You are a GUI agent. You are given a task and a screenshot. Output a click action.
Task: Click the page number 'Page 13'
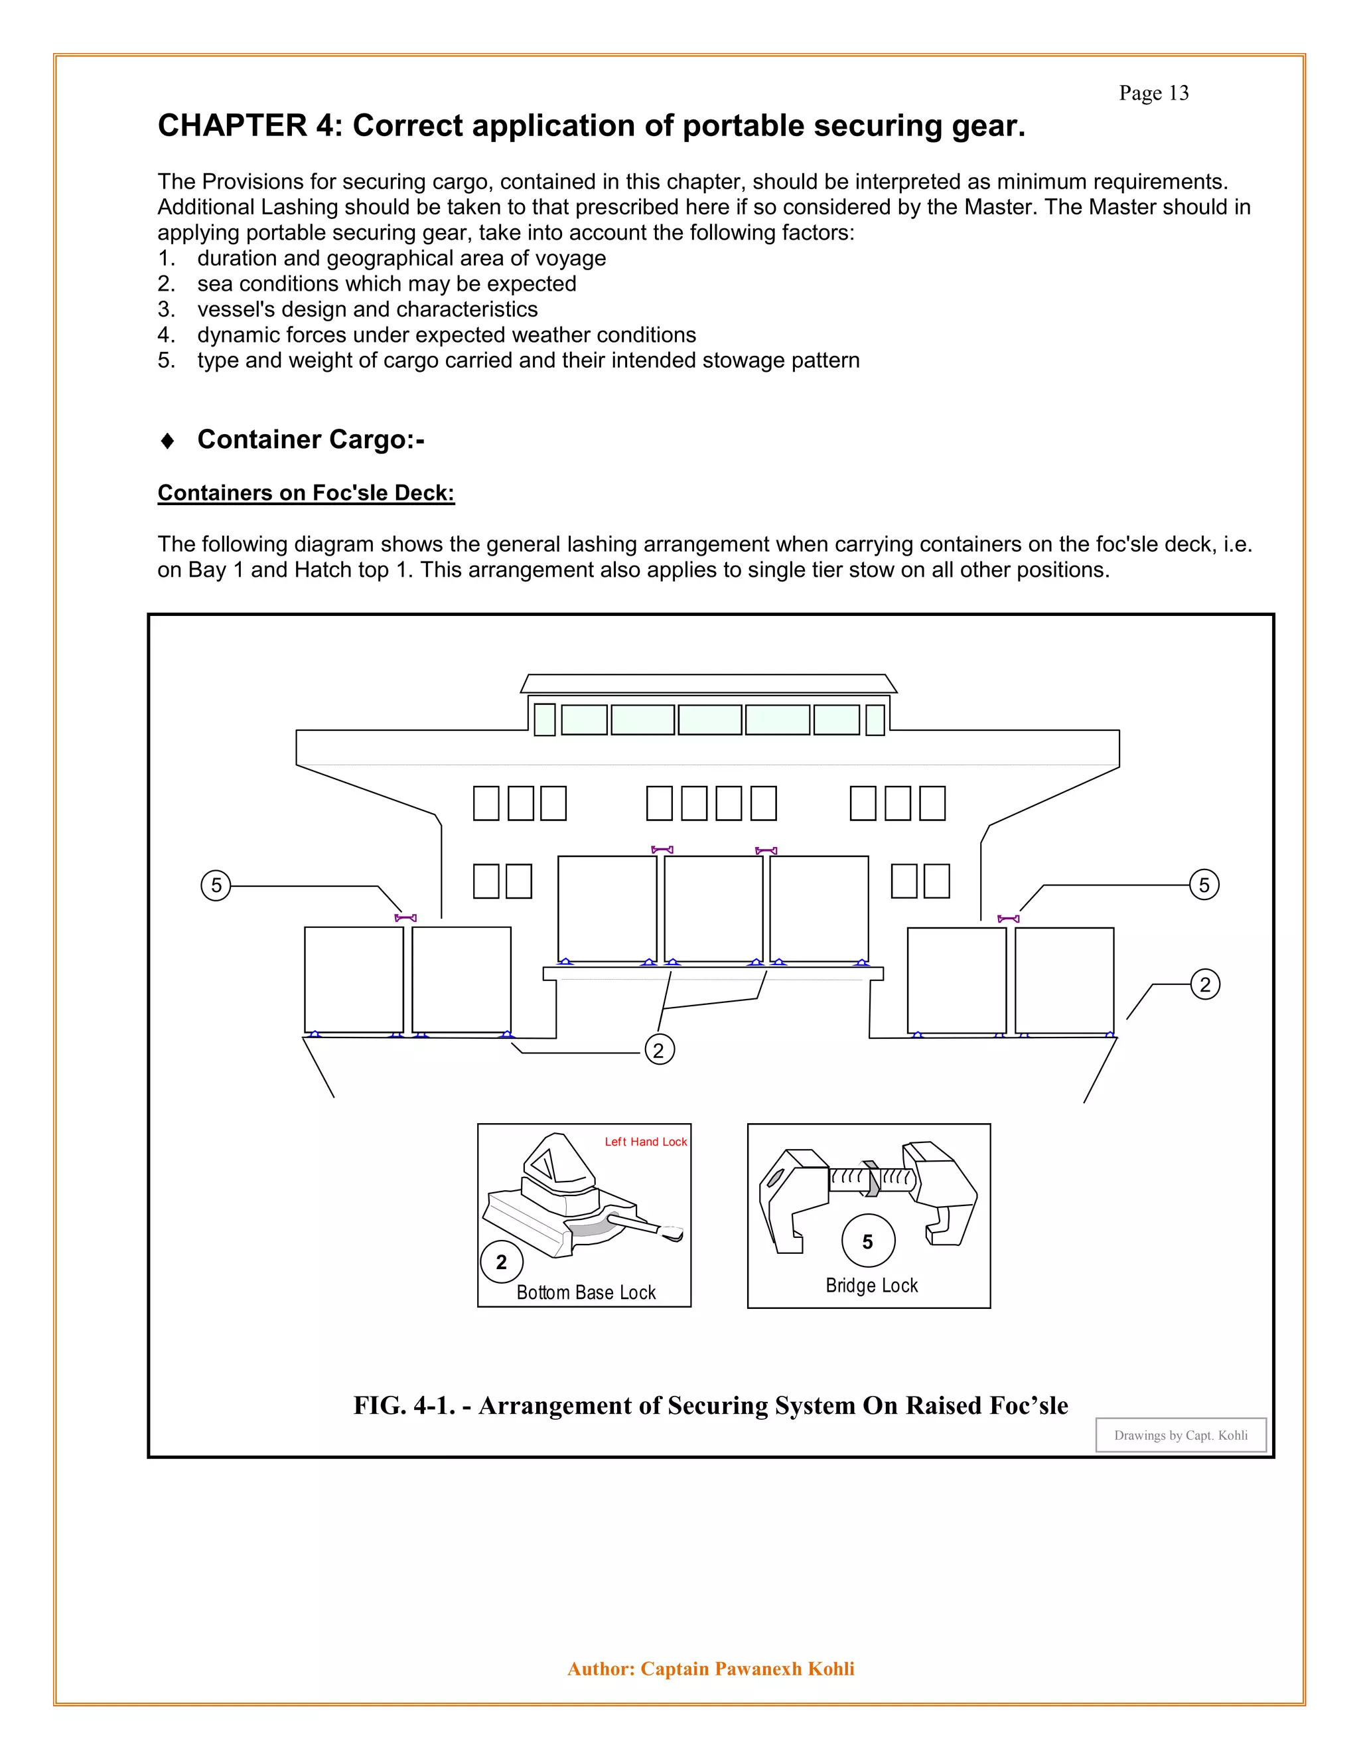coord(1153,94)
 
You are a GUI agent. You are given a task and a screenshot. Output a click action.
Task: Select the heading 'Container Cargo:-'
coord(310,439)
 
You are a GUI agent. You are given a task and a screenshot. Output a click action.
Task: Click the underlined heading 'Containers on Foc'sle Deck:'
coord(306,493)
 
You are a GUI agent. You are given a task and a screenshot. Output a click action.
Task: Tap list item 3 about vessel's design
coord(366,309)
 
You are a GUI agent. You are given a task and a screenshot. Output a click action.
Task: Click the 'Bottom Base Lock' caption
coord(585,1292)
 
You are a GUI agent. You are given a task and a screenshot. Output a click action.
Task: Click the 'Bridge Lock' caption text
coord(871,1286)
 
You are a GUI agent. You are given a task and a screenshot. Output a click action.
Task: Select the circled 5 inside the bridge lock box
coord(867,1242)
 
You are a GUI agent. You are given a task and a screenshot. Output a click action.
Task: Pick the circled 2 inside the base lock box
coord(502,1262)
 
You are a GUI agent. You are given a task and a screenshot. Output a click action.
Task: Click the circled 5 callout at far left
coord(216,886)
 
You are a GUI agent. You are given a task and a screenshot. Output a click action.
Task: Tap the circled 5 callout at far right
coord(1204,885)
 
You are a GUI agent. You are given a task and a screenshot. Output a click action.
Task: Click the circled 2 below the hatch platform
coord(658,1050)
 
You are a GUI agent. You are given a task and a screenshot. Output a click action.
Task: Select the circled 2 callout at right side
coord(1204,984)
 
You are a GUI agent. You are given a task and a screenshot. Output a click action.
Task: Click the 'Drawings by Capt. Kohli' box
coord(1180,1435)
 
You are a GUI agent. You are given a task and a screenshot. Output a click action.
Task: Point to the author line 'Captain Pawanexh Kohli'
coord(747,1669)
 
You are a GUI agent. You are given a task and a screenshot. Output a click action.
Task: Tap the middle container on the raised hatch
coord(713,909)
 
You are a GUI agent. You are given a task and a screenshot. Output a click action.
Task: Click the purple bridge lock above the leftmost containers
coord(405,918)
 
